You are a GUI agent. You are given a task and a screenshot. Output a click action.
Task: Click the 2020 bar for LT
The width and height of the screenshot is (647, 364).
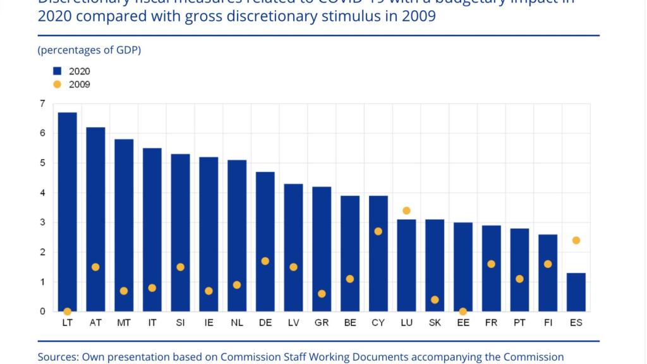coord(67,212)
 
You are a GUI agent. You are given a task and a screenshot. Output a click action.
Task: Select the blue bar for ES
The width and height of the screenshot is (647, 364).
coord(576,292)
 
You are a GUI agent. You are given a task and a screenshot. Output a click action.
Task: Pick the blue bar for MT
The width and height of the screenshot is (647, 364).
coord(124,225)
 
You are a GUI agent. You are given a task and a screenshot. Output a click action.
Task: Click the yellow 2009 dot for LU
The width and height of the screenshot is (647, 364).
coord(406,210)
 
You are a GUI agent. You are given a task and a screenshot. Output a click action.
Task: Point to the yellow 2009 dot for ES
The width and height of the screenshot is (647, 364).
coord(576,240)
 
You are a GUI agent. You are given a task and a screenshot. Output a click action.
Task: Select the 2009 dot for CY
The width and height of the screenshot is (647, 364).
coord(378,231)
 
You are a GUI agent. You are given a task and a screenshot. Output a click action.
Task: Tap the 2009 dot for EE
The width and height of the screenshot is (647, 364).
coord(463,312)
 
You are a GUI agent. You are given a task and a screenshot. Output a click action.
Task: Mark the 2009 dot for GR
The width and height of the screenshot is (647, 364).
coord(322,293)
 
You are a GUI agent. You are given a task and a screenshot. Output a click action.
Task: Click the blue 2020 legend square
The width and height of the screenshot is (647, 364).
coord(57,71)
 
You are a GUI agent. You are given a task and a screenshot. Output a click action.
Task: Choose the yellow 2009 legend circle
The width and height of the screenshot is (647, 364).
coord(57,84)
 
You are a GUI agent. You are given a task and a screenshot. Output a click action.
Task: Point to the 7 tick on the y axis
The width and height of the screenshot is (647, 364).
coord(42,104)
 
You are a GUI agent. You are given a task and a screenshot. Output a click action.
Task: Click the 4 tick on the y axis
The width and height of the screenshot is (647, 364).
coord(42,193)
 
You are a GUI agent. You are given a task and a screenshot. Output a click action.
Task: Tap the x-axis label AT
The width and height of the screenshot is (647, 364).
coord(95,323)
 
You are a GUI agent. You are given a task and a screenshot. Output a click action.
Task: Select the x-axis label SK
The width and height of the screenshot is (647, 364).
coord(435,323)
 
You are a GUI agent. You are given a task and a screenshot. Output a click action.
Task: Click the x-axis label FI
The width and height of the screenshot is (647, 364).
coord(547,323)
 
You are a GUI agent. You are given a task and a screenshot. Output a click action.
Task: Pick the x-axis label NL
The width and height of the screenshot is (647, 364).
coord(236,323)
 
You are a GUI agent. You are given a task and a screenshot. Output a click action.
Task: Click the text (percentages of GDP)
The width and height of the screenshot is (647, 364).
coord(89,50)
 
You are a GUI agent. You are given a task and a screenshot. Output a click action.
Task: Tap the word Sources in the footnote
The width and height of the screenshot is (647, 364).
coord(57,357)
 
